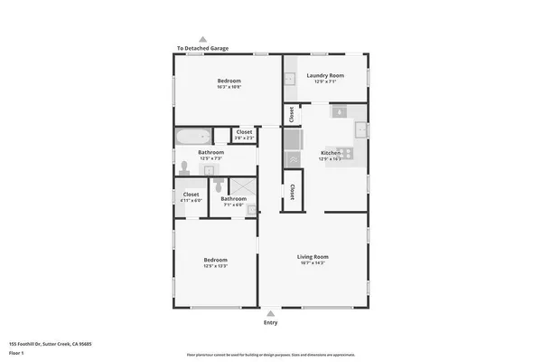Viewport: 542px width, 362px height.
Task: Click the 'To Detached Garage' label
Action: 202,48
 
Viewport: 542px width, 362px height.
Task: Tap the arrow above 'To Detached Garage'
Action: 202,39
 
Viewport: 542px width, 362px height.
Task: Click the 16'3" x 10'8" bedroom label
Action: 229,83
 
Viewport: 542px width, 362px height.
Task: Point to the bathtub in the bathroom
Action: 192,137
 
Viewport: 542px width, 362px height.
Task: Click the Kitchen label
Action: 331,154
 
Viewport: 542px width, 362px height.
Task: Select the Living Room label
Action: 313,259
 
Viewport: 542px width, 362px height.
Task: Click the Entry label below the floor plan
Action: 270,323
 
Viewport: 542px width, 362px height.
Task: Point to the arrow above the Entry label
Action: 270,314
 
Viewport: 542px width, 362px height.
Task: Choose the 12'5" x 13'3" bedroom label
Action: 215,262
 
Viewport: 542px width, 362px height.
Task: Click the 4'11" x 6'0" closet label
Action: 191,196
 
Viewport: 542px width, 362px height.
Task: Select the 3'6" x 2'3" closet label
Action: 244,135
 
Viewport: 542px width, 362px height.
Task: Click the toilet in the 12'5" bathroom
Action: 183,167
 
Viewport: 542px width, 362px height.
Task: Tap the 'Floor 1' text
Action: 16,352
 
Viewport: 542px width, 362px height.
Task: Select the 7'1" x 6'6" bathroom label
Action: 233,201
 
